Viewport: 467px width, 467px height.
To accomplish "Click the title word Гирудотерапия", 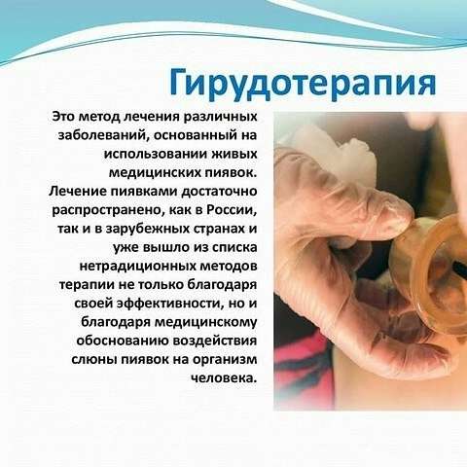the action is [303, 84].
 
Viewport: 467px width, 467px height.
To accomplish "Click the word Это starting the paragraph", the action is [63, 117].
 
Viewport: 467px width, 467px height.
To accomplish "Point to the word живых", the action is [234, 154].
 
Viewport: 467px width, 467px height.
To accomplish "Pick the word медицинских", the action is [155, 173].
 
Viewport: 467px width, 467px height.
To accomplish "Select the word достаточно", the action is [219, 192].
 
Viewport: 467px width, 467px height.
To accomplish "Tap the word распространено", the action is [108, 210].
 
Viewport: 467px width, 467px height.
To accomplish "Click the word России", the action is [232, 210].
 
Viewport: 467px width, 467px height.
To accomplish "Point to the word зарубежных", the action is [148, 229].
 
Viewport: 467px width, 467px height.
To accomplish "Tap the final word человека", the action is [224, 378].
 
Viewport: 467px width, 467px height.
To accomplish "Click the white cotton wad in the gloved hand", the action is [334, 153].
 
